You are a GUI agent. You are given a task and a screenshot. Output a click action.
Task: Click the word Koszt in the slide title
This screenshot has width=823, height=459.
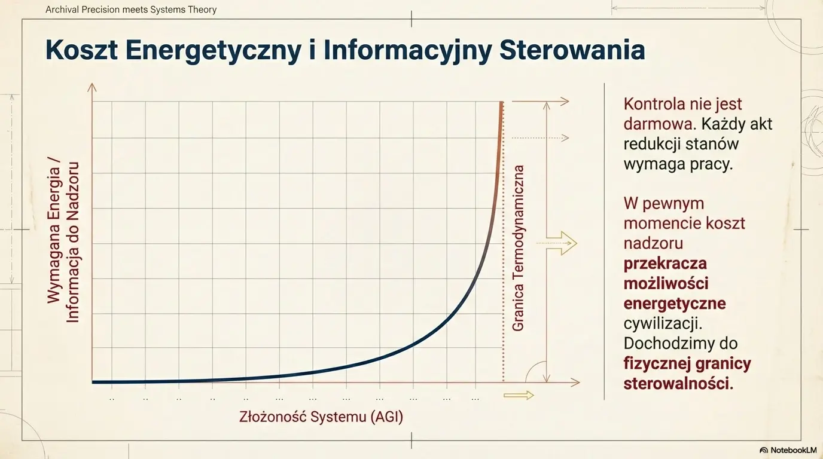click(x=80, y=50)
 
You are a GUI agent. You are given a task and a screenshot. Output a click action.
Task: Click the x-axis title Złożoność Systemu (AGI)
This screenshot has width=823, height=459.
click(x=321, y=416)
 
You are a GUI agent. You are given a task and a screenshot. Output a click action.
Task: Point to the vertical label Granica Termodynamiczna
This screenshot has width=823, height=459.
click(x=518, y=247)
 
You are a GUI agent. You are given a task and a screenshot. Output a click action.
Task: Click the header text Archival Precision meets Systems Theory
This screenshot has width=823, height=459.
click(x=131, y=10)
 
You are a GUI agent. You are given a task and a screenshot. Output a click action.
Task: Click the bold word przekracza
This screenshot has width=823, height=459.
click(x=665, y=263)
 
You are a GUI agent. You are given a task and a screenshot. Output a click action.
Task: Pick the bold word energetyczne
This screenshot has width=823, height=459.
click(x=674, y=303)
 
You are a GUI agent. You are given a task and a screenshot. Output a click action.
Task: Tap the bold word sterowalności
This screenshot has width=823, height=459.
click(x=678, y=383)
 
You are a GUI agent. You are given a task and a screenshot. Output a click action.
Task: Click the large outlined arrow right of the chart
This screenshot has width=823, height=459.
click(x=562, y=243)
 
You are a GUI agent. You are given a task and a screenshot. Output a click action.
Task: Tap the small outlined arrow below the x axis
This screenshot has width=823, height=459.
click(x=519, y=395)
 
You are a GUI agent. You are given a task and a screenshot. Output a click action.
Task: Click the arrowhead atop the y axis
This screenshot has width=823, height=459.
click(x=92, y=87)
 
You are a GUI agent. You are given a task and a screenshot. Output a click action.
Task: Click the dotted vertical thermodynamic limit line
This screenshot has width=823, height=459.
click(x=503, y=269)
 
